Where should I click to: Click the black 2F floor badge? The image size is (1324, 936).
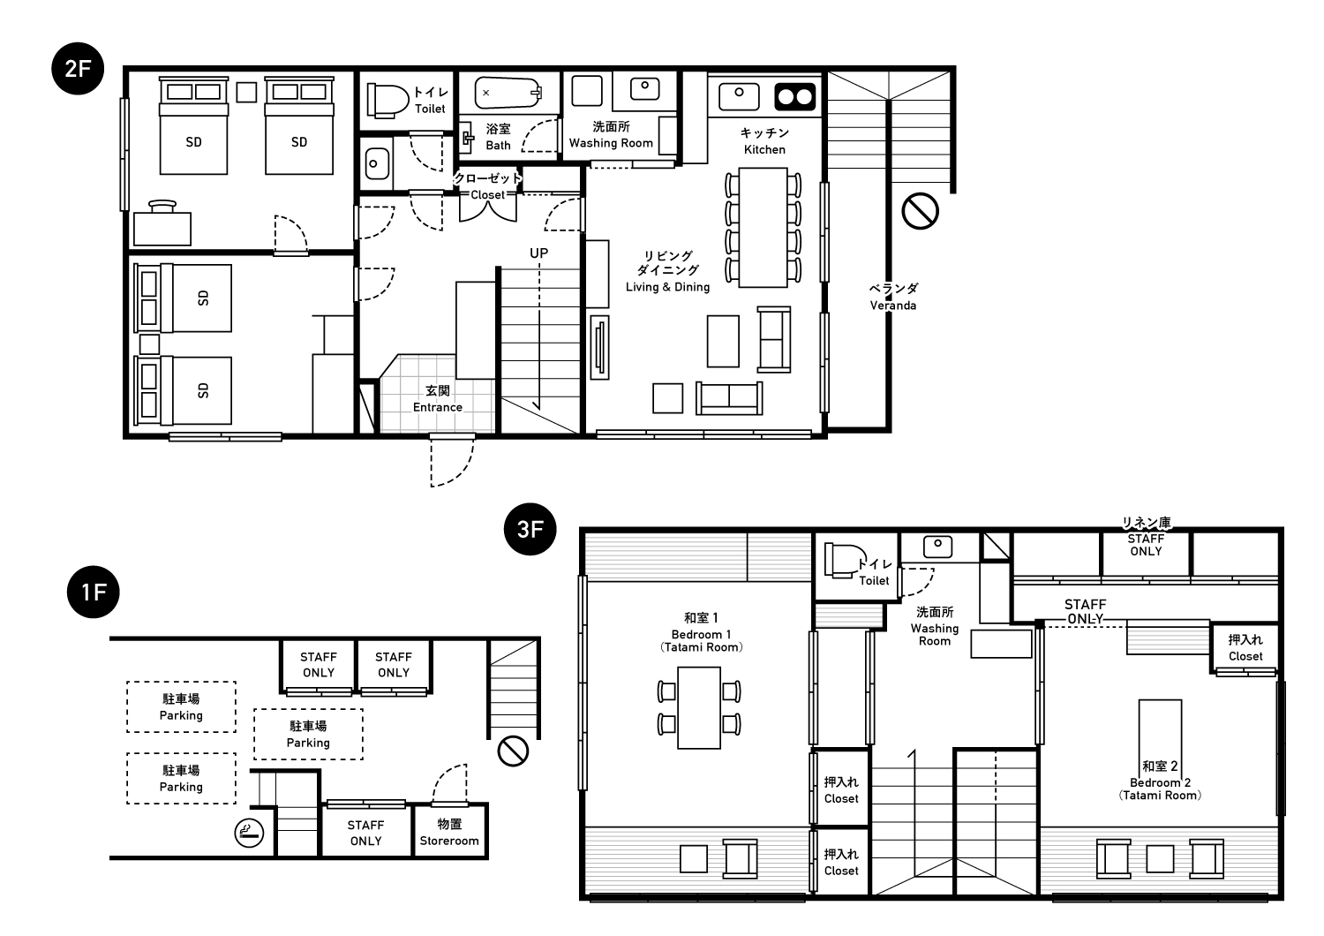click(x=78, y=69)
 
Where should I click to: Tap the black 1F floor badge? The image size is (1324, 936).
click(x=94, y=592)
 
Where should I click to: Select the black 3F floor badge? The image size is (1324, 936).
click(x=530, y=529)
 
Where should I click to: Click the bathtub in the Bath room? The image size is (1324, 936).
click(x=508, y=93)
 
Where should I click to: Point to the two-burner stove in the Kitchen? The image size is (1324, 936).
click(x=795, y=96)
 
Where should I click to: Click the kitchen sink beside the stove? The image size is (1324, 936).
click(x=739, y=96)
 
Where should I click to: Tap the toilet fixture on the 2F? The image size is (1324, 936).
click(x=387, y=100)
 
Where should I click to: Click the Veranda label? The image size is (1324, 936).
click(x=893, y=297)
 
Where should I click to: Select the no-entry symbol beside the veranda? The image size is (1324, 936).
click(x=921, y=211)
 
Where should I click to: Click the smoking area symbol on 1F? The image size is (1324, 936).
click(x=250, y=833)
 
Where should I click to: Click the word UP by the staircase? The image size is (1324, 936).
click(x=539, y=253)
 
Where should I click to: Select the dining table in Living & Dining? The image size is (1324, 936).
click(x=764, y=228)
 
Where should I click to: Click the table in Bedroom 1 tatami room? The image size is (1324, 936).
click(x=699, y=708)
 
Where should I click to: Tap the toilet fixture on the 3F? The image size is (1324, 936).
click(x=846, y=561)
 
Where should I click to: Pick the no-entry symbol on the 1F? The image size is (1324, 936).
click(x=513, y=751)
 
